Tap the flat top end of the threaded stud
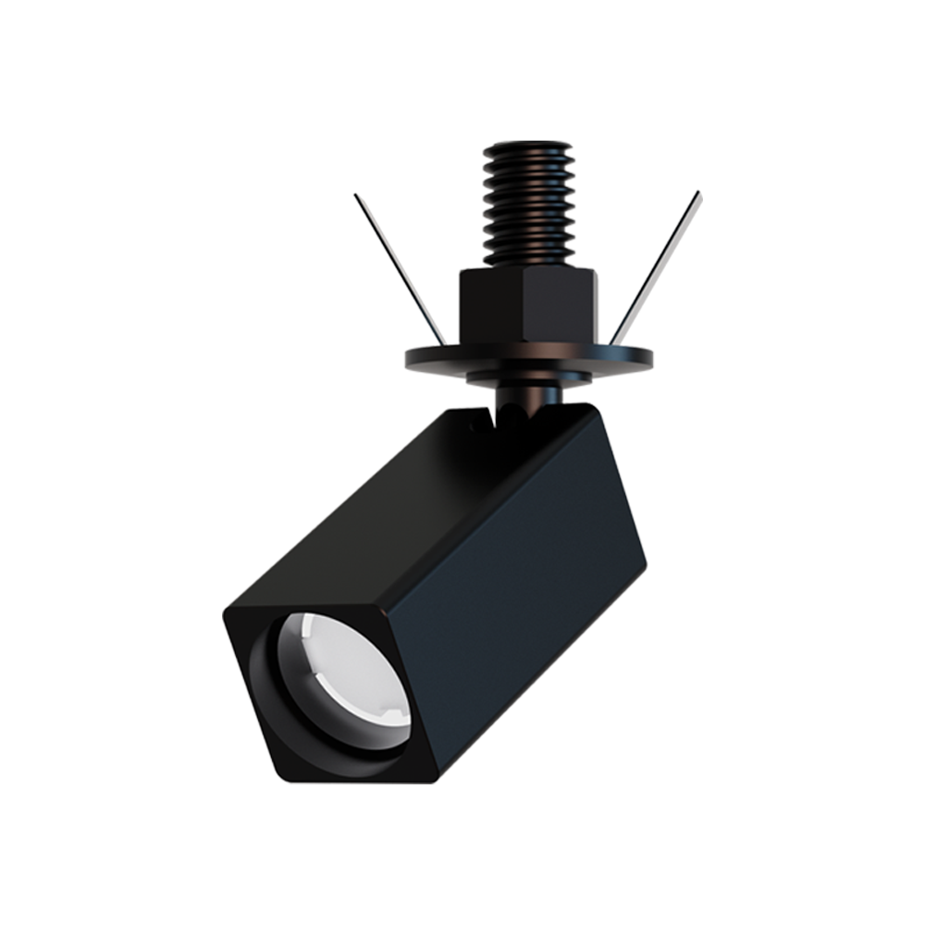528,146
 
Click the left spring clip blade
398,264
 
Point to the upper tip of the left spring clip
355,195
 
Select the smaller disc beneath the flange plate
528,377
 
